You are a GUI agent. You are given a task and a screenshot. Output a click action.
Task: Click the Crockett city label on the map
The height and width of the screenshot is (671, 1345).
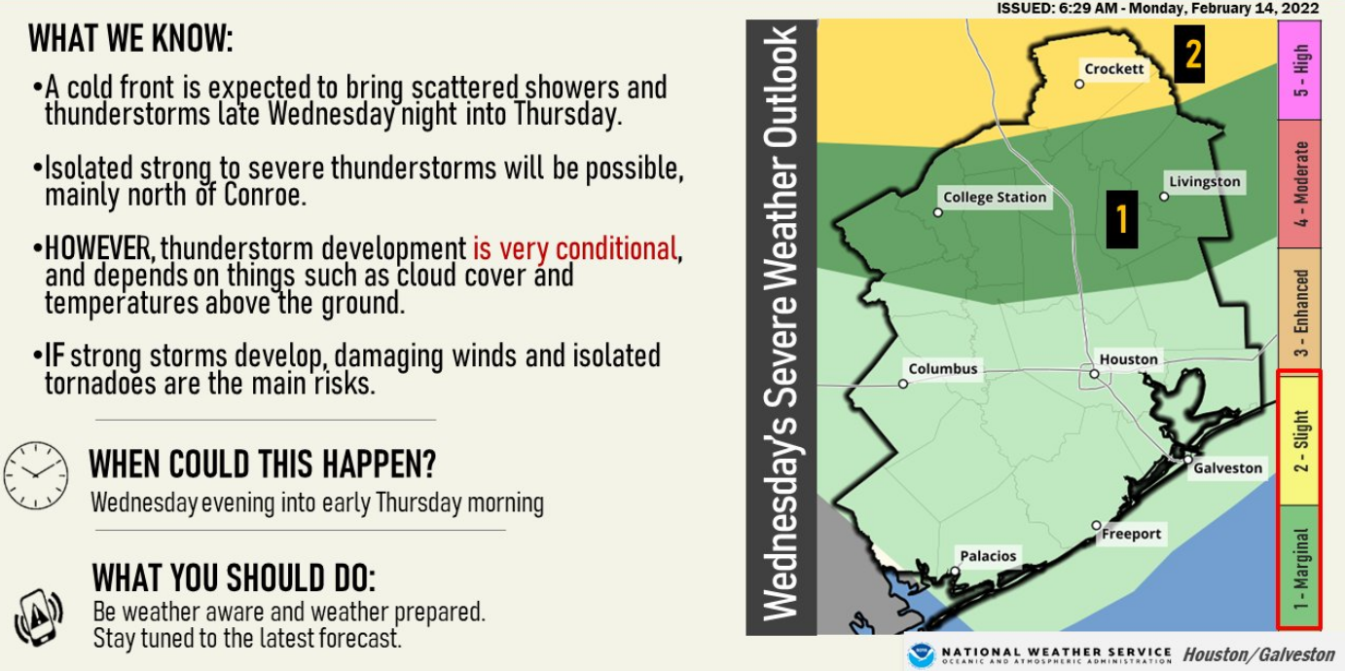[1114, 69]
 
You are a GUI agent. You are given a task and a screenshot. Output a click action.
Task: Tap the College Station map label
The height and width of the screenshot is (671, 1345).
[995, 197]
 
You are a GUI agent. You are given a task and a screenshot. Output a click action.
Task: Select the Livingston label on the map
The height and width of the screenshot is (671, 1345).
[1205, 182]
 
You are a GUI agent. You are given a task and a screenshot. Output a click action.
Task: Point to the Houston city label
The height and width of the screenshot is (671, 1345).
[1129, 359]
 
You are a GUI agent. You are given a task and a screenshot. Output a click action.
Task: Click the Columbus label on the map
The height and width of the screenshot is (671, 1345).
[942, 369]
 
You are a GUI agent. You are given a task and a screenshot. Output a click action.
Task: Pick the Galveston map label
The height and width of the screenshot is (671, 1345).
[1228, 467]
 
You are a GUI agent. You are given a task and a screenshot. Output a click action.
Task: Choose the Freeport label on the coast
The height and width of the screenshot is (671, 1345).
[1131, 534]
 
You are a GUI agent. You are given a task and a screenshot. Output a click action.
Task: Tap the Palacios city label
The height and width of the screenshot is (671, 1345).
[988, 556]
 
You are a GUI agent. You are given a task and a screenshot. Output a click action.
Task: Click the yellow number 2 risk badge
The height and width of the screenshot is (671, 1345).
[1192, 54]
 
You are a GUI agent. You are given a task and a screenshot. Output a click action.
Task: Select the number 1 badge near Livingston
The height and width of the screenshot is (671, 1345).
[1122, 219]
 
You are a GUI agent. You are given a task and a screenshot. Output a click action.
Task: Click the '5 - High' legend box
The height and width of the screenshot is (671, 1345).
[1299, 69]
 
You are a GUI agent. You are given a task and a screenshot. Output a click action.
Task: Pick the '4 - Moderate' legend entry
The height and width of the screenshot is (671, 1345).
[1299, 183]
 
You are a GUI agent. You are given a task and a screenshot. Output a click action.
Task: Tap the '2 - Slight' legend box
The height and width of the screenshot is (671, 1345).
[1299, 438]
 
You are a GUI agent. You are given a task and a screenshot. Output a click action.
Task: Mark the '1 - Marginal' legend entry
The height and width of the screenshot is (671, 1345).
[1299, 565]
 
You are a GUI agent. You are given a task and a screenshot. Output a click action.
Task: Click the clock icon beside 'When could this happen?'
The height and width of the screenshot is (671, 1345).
[36, 475]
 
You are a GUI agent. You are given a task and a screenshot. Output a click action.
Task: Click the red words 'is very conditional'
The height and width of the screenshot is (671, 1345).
[574, 248]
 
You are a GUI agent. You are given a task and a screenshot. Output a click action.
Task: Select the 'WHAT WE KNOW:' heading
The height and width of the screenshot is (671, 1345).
[130, 40]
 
